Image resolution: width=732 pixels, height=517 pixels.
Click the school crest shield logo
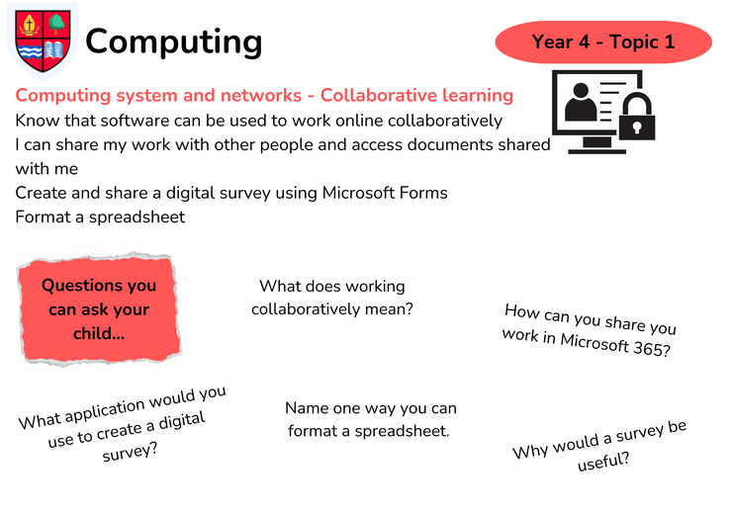pos(43,42)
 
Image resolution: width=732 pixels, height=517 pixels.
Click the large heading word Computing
pos(174,43)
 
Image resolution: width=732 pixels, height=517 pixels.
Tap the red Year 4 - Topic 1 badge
pos(603,42)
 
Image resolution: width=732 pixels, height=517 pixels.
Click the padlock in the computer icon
pos(637,117)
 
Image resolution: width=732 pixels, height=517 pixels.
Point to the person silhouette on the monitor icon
pos(581,102)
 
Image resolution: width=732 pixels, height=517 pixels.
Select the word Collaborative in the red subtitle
pos(379,95)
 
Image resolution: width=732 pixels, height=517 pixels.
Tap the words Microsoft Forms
pos(385,193)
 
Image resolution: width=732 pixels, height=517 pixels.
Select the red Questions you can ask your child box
pos(99,309)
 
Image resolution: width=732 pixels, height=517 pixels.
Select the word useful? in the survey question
pos(603,462)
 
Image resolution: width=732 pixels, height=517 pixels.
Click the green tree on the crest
pos(56,23)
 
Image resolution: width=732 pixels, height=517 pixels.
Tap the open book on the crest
pos(54,50)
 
